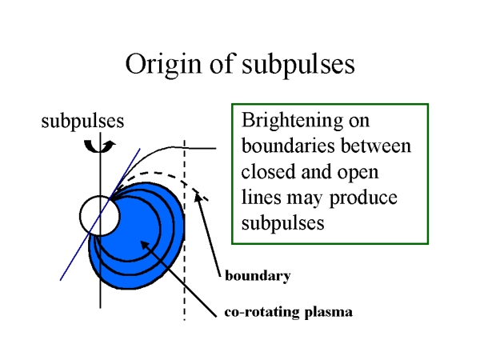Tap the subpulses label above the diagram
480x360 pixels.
82,122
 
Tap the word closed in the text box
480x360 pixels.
266,172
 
